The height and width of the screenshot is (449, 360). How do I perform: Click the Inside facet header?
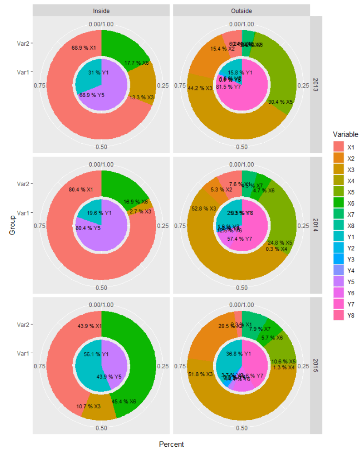[x=101, y=10]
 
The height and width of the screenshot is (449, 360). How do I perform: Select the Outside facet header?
[x=242, y=10]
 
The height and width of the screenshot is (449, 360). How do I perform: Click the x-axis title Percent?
[x=171, y=444]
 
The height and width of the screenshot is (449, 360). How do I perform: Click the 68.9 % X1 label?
[x=83, y=47]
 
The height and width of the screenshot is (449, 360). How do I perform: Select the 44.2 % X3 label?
[x=200, y=88]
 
